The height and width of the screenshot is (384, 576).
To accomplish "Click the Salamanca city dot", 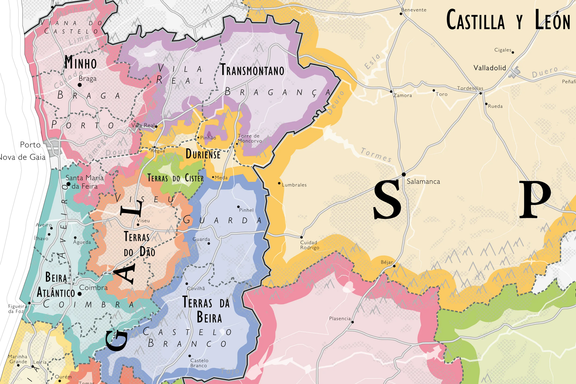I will (x=404, y=174).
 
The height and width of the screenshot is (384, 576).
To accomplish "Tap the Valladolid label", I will (x=490, y=68).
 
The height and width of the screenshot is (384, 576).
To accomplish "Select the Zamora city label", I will (x=403, y=95).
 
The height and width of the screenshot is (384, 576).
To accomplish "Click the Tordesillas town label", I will (x=470, y=88).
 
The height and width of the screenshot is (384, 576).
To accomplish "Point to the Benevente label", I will (x=414, y=10).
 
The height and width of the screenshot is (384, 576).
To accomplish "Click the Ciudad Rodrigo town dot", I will (x=302, y=237).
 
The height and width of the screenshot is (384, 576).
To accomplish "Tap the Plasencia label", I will (x=340, y=318).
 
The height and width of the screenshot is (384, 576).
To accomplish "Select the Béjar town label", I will (x=386, y=262).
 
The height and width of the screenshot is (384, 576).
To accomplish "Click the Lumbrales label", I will (x=294, y=185).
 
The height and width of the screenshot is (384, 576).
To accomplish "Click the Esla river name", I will (x=373, y=62).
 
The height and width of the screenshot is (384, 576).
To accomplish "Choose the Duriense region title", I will (x=203, y=154).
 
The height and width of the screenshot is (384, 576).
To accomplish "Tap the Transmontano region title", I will (x=252, y=70).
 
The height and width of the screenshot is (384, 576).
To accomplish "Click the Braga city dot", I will (x=80, y=85).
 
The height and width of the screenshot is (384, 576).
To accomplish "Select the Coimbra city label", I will (x=93, y=287).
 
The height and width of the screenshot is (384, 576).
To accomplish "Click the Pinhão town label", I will (x=208, y=138).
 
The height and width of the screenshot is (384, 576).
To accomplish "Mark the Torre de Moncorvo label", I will (x=249, y=138).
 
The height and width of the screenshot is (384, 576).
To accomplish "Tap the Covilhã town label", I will (x=196, y=288).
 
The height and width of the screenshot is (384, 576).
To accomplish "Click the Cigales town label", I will (x=503, y=50).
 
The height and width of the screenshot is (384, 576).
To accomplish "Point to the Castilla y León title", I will (x=508, y=20).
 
